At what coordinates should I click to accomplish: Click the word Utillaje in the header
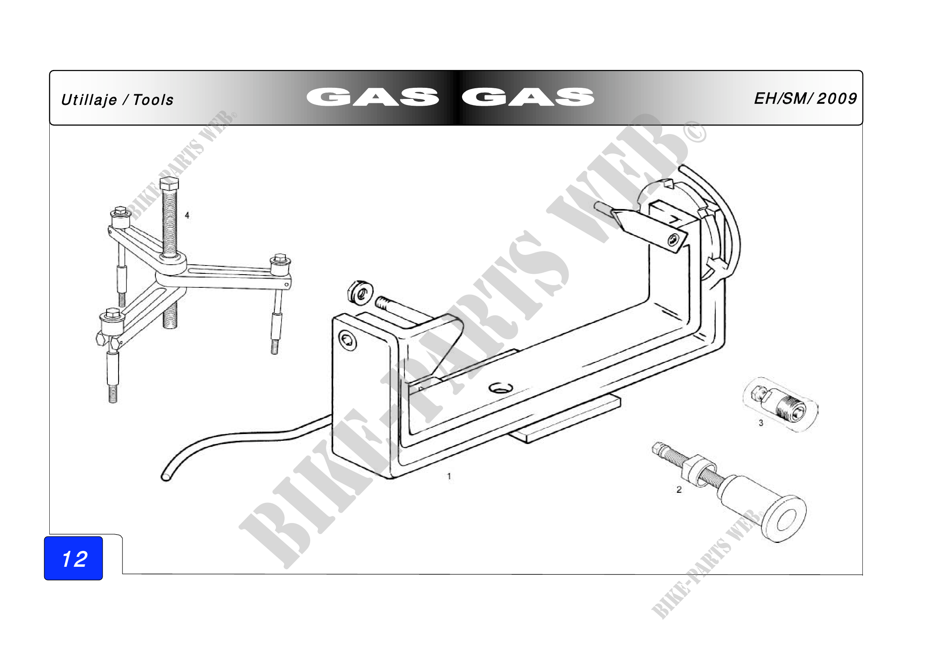[89, 100]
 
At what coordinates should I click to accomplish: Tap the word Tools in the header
[153, 100]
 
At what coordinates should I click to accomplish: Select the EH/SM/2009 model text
[805, 98]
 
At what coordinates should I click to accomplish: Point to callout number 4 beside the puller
[187, 215]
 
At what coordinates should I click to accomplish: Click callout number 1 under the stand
[449, 476]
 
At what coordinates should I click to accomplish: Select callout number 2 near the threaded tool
[679, 489]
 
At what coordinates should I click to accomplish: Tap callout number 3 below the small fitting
[761, 423]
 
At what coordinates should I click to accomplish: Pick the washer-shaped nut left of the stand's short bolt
[360, 292]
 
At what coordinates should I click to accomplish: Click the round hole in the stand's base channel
[501, 388]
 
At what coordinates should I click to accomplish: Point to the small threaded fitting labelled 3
[780, 404]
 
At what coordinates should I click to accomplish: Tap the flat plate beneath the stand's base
[567, 421]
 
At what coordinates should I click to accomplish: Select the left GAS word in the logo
[373, 97]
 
